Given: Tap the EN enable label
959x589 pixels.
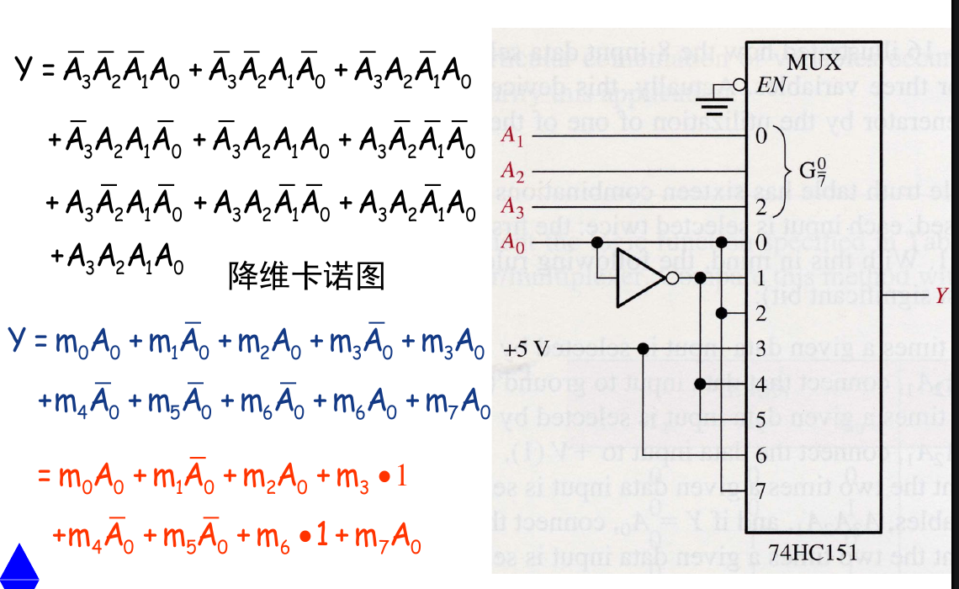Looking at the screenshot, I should (x=772, y=84).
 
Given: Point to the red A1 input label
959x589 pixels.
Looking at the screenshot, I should (x=512, y=136).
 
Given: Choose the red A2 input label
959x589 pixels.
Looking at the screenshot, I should (x=512, y=171).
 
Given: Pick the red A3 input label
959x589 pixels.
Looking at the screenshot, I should (x=512, y=206).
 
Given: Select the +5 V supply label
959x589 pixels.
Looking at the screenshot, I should (x=527, y=348).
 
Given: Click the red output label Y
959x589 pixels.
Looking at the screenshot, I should (x=941, y=294).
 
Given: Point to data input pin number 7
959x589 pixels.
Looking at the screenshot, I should (x=761, y=490).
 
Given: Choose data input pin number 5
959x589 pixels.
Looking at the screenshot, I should (x=761, y=419).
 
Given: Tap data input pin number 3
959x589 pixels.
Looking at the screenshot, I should (x=761, y=348).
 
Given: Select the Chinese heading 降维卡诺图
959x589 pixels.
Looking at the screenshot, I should (x=306, y=275).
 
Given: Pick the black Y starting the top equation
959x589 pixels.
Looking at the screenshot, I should (x=24, y=69).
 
